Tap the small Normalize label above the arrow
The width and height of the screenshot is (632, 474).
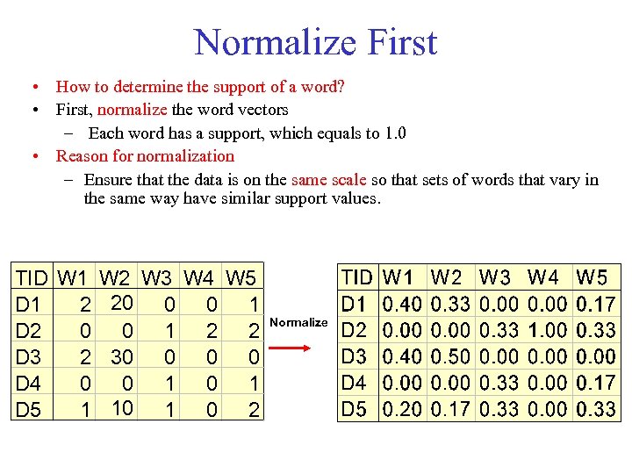[x=298, y=322]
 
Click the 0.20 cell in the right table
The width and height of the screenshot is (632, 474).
[x=403, y=409]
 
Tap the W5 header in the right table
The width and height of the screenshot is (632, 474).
[x=592, y=277]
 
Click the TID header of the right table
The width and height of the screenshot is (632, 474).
[x=356, y=277]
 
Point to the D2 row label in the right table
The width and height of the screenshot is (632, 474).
[x=354, y=330]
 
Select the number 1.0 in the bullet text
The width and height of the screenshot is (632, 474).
[x=395, y=133]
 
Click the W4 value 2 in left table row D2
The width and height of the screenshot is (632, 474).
[x=212, y=332]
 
